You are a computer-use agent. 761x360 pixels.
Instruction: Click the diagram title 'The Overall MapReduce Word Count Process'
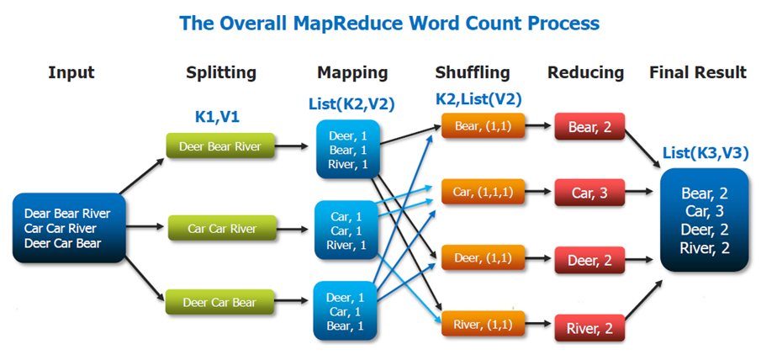(388, 23)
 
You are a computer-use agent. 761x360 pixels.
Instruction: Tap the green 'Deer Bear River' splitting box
(219, 146)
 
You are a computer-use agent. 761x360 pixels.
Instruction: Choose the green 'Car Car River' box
(221, 228)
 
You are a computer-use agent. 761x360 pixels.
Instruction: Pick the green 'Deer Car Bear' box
(219, 302)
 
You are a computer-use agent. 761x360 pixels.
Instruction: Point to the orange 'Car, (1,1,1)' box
(482, 193)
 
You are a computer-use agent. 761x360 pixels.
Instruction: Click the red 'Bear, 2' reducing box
(589, 129)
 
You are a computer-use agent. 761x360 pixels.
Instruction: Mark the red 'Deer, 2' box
(589, 261)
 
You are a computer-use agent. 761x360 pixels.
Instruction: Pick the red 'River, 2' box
(589, 327)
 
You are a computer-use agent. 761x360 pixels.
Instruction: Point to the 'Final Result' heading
(697, 72)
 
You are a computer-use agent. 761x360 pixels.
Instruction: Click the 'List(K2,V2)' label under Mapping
(352, 103)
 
